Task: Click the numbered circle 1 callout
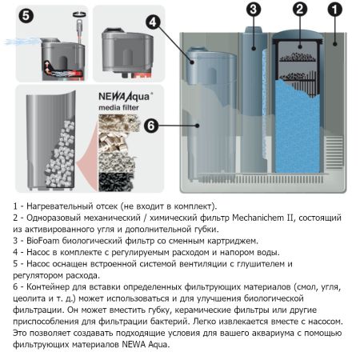point(335,10)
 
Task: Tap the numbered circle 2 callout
point(300,10)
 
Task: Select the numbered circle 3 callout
point(254,10)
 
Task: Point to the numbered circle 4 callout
point(153,22)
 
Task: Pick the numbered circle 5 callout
point(26,15)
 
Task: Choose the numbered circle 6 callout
point(151,126)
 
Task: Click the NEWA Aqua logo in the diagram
point(126,97)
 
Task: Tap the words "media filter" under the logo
point(118,108)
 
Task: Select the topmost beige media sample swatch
point(119,123)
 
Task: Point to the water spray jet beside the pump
point(22,42)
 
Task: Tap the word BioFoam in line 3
point(42,241)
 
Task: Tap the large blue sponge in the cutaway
point(297,126)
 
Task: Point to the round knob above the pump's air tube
point(80,14)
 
